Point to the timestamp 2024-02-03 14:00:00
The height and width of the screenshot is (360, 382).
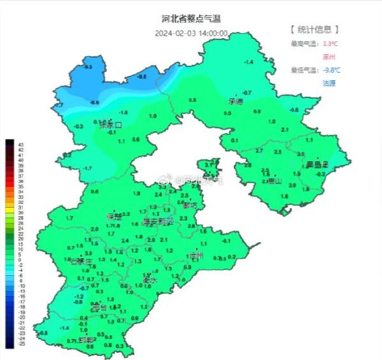[190, 33]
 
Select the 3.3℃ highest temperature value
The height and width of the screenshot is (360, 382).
[330, 43]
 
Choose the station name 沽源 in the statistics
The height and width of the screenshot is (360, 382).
[329, 83]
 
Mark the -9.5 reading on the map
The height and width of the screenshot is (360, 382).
[88, 67]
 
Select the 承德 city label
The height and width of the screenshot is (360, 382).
[236, 101]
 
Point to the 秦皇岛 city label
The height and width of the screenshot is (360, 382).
[316, 164]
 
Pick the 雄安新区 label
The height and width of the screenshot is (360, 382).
[157, 222]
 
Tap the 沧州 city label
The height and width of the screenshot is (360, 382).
[195, 256]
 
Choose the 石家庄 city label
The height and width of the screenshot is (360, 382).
[81, 261]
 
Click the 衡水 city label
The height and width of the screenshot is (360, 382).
[150, 280]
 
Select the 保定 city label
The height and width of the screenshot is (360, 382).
[115, 217]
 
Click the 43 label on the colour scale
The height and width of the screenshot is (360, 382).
[21, 143]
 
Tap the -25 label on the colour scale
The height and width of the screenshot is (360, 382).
[21, 344]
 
